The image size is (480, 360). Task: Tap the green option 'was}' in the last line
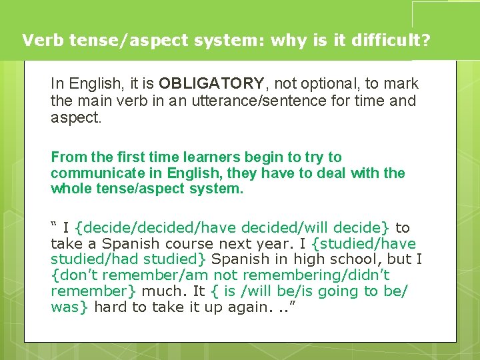(71, 307)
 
